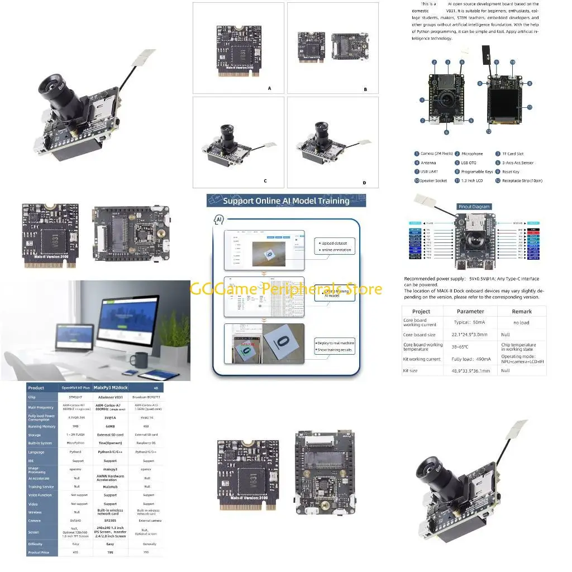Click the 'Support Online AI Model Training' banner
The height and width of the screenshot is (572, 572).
pyautogui.click(x=286, y=201)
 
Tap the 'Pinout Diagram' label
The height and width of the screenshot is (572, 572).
pyautogui.click(x=474, y=207)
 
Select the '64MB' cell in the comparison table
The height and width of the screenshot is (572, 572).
pyautogui.click(x=110, y=426)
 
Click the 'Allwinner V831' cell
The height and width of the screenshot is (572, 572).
pyautogui.click(x=110, y=397)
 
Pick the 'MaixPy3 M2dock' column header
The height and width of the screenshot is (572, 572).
pyautogui.click(x=110, y=387)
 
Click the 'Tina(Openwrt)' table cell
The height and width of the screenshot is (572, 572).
pyautogui.click(x=110, y=443)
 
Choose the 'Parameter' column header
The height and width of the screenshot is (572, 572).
pyautogui.click(x=470, y=311)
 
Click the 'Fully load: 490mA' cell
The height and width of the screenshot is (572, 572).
pyautogui.click(x=470, y=359)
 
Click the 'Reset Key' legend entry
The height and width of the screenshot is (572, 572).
pyautogui.click(x=507, y=171)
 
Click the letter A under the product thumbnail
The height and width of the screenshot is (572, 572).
pyautogui.click(x=269, y=88)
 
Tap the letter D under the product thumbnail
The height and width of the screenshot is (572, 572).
pyautogui.click(x=364, y=183)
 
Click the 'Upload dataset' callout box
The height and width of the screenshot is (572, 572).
pyautogui.click(x=333, y=246)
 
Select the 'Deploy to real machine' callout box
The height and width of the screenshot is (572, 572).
pyautogui.click(x=333, y=346)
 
